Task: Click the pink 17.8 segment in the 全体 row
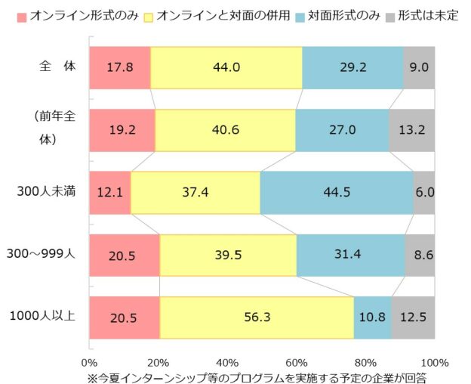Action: click(119, 67)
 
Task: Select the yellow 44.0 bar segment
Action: click(226, 67)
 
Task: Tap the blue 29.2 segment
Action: click(352, 67)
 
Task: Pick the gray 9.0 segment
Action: click(419, 67)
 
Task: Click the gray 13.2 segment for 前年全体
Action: click(412, 130)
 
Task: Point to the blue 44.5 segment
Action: click(336, 193)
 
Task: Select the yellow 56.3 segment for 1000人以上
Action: click(257, 317)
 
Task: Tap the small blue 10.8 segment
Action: click(372, 317)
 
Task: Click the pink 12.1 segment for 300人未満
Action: click(109, 193)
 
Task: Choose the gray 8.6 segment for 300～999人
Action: click(420, 255)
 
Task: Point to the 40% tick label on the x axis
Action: click(227, 361)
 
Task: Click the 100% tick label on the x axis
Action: click(434, 361)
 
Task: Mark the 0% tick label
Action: click(89, 361)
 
